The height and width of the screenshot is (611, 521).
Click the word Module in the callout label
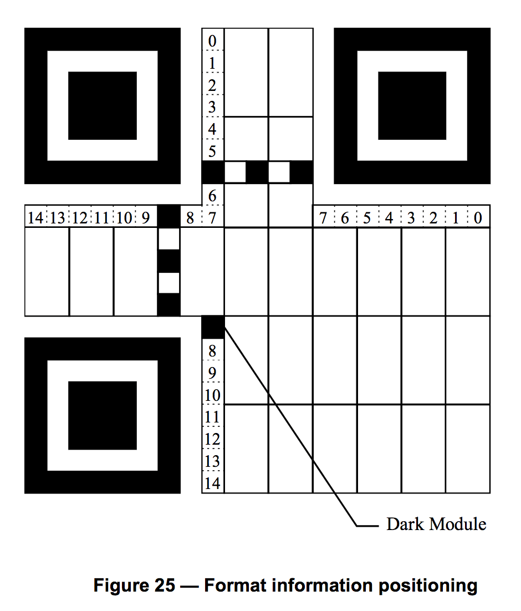[x=458, y=524]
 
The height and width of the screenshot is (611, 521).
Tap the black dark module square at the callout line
[x=213, y=327]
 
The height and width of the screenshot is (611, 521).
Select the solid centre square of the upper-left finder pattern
[x=103, y=105]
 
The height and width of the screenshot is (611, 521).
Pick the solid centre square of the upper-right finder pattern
[x=412, y=105]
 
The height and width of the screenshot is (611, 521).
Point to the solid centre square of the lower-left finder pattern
[x=103, y=415]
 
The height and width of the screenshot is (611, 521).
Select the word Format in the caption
[x=235, y=585]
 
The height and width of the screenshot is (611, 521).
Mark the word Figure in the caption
[x=121, y=586]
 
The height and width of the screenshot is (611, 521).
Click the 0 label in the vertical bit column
[x=212, y=41]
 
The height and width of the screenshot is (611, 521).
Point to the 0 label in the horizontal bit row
[x=478, y=218]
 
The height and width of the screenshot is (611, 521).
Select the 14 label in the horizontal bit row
[x=35, y=218]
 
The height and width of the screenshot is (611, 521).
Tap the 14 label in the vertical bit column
[x=212, y=483]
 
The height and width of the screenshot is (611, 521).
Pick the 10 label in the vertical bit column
[x=212, y=395]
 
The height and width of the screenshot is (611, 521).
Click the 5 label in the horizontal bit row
[x=367, y=218]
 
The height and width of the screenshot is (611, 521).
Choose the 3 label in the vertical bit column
[x=212, y=107]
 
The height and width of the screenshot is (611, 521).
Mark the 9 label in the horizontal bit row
[x=146, y=218]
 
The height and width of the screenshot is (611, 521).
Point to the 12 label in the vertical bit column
[x=212, y=439]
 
